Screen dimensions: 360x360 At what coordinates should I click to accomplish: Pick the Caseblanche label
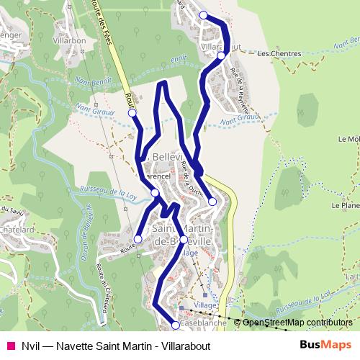coord(204,324)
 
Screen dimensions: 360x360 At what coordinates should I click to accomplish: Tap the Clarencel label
coord(153,175)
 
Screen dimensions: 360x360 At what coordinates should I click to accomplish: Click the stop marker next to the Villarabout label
coord(221,55)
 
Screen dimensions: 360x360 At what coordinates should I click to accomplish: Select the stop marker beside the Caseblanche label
coord(176,325)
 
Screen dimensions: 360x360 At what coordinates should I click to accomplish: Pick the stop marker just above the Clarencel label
coord(155,192)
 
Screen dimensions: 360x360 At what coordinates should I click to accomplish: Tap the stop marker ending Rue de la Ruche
coord(212,202)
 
